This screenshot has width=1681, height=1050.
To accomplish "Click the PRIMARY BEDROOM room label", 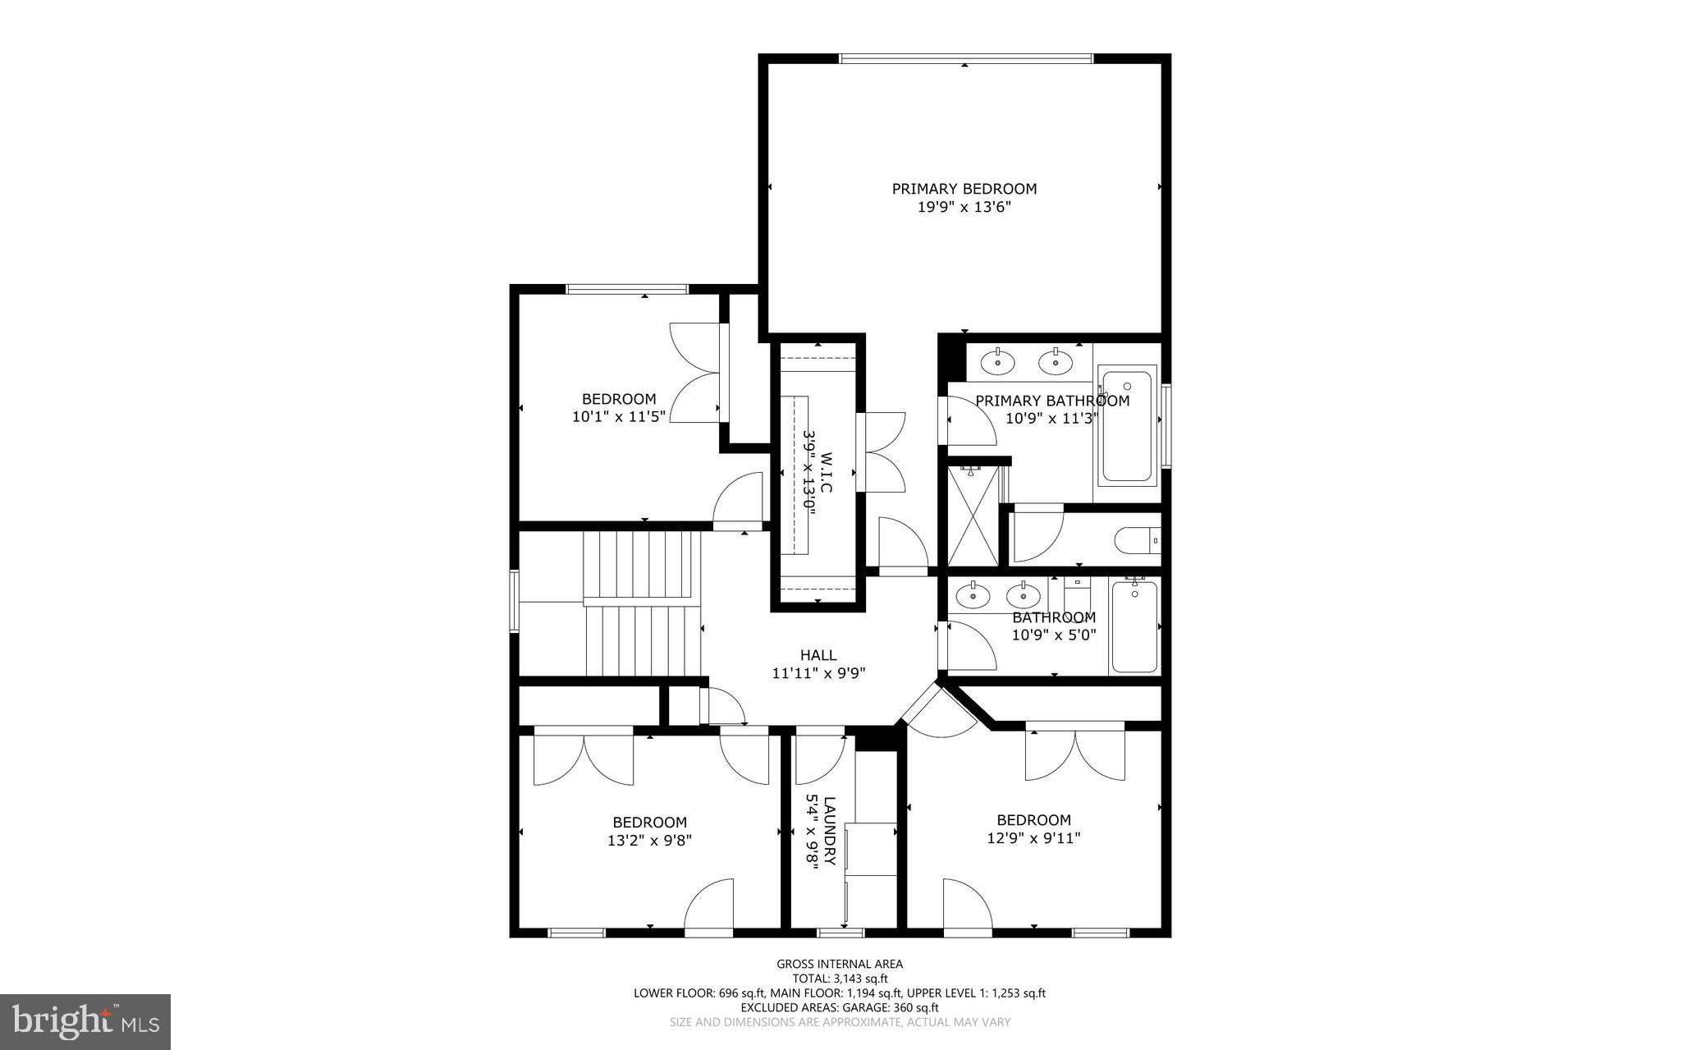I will coord(964,189).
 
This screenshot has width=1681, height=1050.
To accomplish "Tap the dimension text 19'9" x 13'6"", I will coord(964,208).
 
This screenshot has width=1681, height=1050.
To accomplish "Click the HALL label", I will coord(818,655).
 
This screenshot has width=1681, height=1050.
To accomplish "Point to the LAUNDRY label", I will coord(830,831).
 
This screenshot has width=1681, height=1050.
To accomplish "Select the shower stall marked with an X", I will coord(973,516).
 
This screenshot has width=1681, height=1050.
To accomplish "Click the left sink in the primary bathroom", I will coord(997,361).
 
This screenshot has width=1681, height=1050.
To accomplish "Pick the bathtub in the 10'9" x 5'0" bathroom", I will coord(1134,627).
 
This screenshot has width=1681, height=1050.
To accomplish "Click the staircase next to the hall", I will coord(642,603).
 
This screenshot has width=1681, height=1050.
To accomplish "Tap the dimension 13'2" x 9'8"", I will coord(649,841).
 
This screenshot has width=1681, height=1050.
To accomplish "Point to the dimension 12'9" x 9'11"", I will coord(1033,838).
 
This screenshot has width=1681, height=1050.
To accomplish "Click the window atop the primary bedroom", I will coord(965,58).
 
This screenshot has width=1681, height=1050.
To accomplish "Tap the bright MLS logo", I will coord(85,1021).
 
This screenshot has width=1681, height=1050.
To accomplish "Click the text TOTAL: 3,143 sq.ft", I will coord(839,979).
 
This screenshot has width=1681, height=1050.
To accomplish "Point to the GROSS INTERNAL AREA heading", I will coord(839,964).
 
